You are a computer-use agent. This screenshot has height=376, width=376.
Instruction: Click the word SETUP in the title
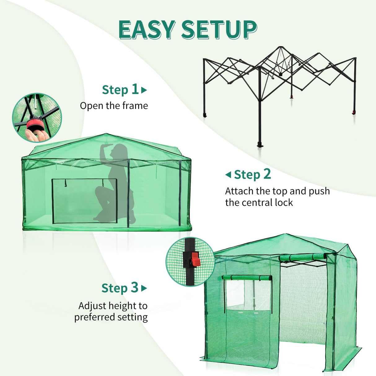pos(219,30)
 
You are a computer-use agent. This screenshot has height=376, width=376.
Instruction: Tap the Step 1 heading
pos(120,90)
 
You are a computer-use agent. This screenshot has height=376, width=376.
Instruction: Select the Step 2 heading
pos(252,175)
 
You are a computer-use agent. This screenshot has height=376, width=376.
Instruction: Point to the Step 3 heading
pos(120,288)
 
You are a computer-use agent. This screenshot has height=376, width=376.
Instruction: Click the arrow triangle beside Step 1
pos(144,90)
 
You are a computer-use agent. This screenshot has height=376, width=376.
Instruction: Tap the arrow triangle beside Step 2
pos(228,175)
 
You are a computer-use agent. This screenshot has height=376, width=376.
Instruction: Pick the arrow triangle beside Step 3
pos(144,288)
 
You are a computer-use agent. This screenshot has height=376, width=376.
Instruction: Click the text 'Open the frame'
pos(114,106)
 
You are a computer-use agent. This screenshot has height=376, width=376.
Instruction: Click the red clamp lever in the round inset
pos(195,260)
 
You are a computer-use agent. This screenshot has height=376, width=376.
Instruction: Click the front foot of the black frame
pos(260,145)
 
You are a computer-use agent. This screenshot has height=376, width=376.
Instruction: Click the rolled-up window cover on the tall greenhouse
pos(247,278)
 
